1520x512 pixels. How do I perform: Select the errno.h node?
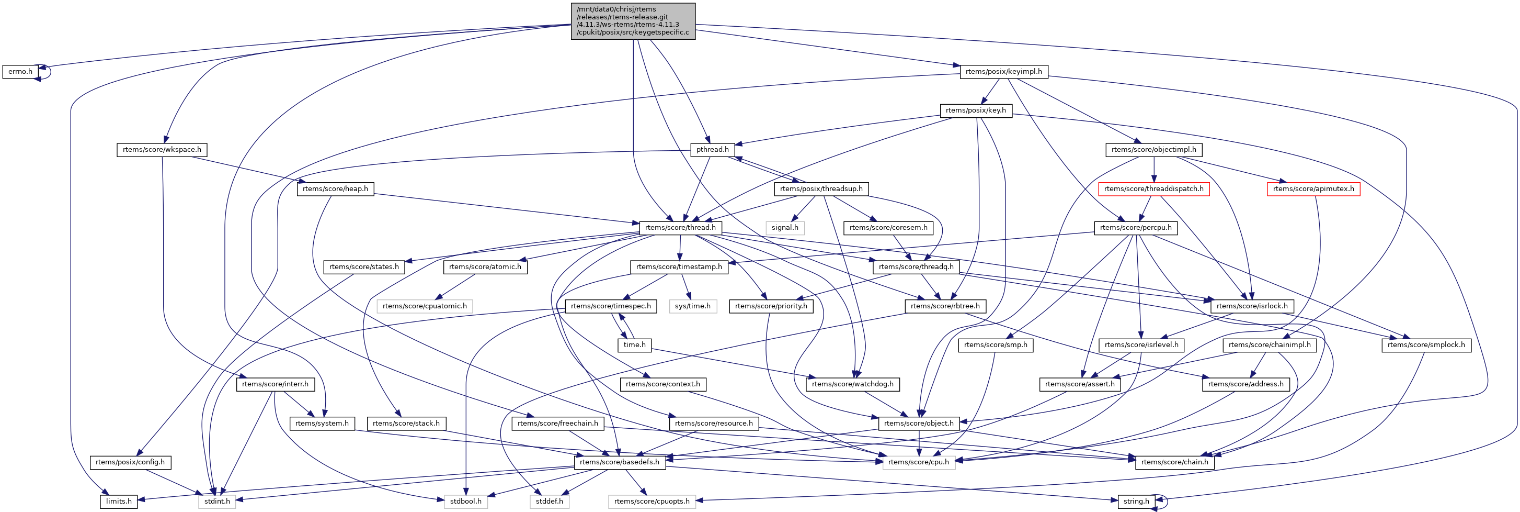point(20,71)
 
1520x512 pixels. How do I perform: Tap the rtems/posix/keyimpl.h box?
point(1003,71)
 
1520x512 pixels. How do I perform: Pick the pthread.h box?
point(712,149)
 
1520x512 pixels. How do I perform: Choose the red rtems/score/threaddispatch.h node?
point(1153,189)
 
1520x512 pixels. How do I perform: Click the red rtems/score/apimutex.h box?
point(1313,189)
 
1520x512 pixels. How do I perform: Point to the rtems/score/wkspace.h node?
point(162,149)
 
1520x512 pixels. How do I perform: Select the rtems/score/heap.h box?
point(335,189)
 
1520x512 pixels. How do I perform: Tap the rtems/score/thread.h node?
point(680,227)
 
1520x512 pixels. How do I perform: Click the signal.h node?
point(785,227)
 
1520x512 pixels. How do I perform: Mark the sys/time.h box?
point(693,306)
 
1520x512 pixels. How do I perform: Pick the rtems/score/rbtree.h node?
point(945,306)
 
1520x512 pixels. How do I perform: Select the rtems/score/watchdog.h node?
point(853,384)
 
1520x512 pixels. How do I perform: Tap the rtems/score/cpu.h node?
point(918,462)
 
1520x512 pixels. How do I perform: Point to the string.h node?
point(1136,502)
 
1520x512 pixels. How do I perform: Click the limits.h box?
point(119,502)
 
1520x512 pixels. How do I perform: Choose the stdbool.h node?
point(465,502)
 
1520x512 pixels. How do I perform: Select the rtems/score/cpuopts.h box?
point(652,502)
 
